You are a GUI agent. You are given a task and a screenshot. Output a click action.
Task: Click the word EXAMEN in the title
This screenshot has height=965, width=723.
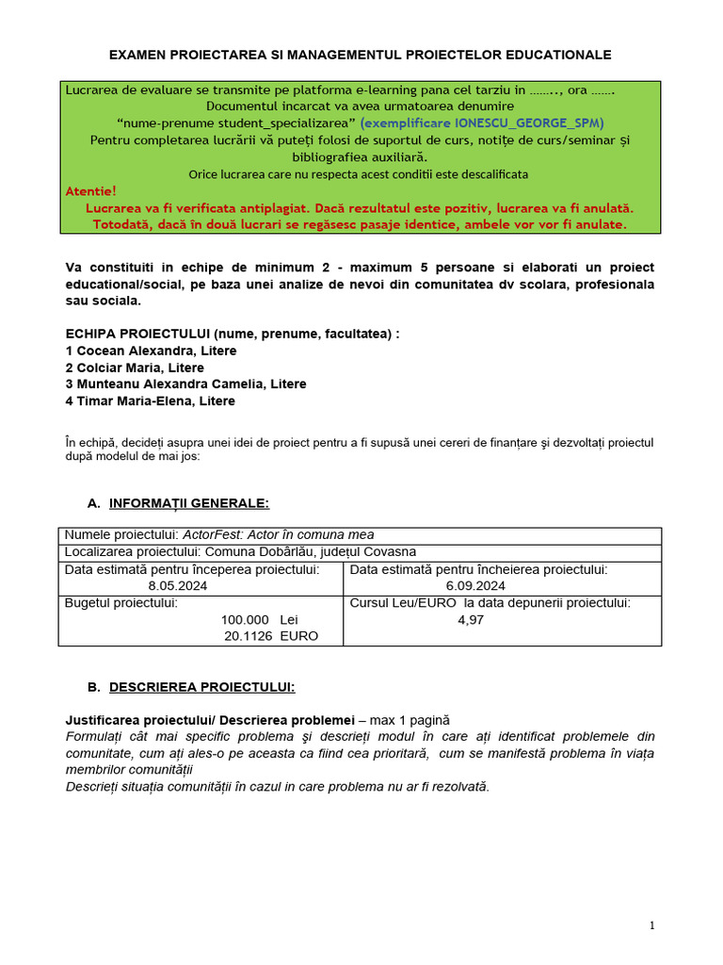click(x=138, y=56)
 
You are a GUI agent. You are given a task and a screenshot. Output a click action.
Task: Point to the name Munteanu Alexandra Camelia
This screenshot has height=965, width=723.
click(x=165, y=384)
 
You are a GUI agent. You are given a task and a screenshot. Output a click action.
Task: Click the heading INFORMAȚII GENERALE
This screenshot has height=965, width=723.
click(x=189, y=503)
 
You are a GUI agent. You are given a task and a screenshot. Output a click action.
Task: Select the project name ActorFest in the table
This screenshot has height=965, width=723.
click(x=211, y=535)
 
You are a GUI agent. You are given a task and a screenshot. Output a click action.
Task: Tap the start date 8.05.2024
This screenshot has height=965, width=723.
click(x=178, y=585)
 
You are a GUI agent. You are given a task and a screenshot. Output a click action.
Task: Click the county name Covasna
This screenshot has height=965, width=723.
click(x=390, y=552)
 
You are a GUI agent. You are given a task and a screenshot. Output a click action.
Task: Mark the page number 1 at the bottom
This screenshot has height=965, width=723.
click(x=651, y=926)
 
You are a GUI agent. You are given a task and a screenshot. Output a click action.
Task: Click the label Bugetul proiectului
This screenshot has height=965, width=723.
click(x=120, y=603)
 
